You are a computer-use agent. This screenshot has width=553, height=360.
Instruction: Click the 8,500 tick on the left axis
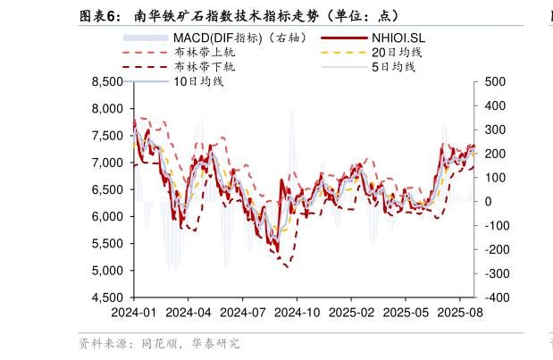tap(107, 81)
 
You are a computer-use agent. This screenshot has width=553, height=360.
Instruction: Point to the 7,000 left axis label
tap(107, 163)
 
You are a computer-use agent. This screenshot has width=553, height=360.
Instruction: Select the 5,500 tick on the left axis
tap(107, 244)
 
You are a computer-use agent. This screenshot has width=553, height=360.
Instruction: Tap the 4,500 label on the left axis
tap(107, 297)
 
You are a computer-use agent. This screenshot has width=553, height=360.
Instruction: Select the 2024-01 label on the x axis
tap(133, 314)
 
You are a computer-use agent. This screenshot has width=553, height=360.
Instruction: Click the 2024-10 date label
tap(297, 314)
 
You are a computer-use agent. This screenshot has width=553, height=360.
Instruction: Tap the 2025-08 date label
tap(460, 314)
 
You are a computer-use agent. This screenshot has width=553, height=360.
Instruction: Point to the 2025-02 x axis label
tap(351, 314)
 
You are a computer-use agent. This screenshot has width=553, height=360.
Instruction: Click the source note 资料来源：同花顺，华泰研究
tap(159, 343)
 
